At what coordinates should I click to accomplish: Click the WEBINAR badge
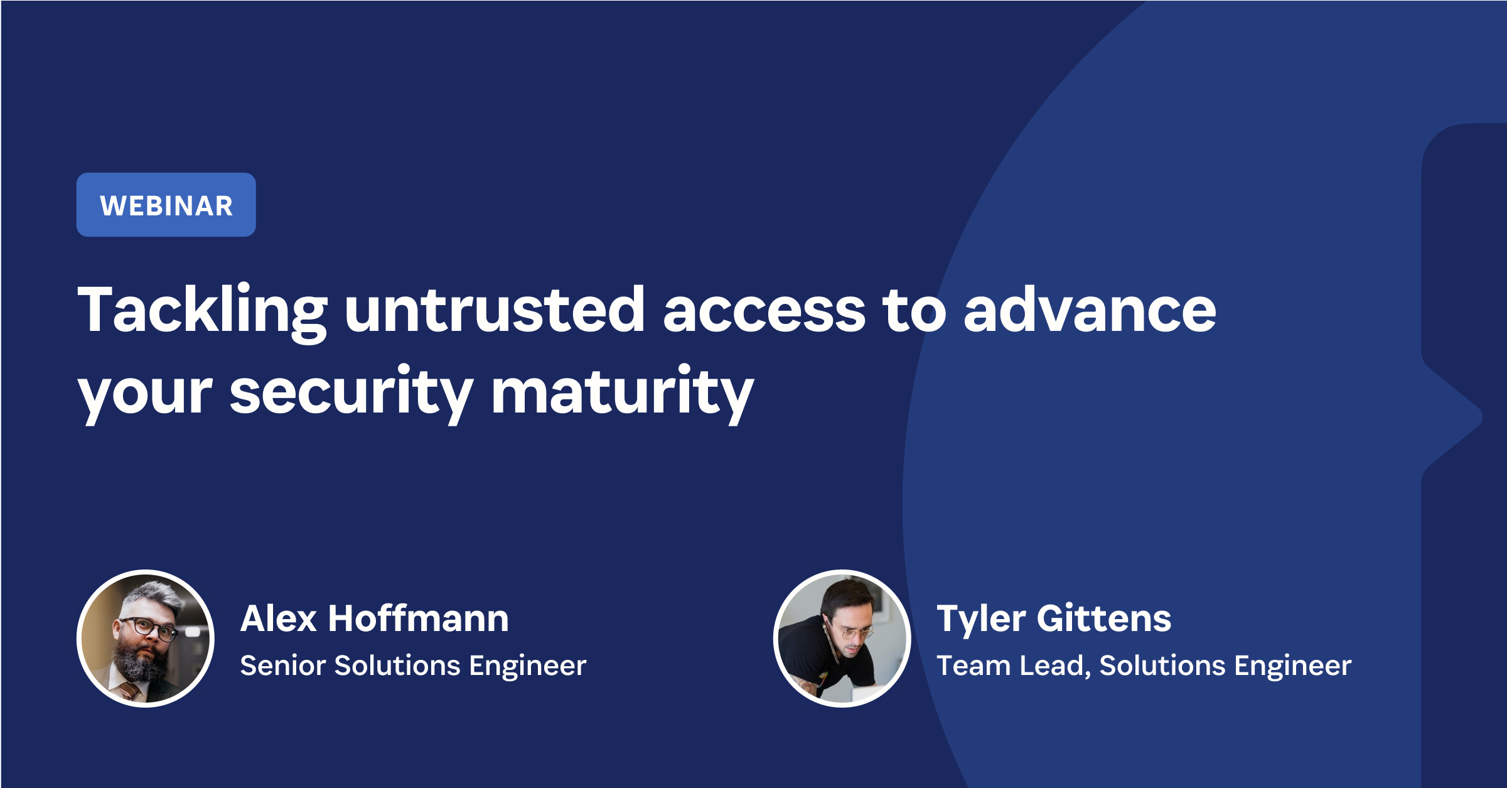166,205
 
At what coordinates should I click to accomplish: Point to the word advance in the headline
1090,310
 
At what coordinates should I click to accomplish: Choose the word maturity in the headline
622,392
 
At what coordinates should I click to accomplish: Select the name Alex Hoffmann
374,618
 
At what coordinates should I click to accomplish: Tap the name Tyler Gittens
1053,618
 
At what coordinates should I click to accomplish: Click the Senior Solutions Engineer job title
413,666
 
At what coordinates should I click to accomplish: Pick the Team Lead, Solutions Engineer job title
1144,666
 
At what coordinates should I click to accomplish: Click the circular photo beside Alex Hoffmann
146,639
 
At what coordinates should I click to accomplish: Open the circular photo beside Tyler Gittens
842,639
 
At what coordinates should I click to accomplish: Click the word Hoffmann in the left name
418,618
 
